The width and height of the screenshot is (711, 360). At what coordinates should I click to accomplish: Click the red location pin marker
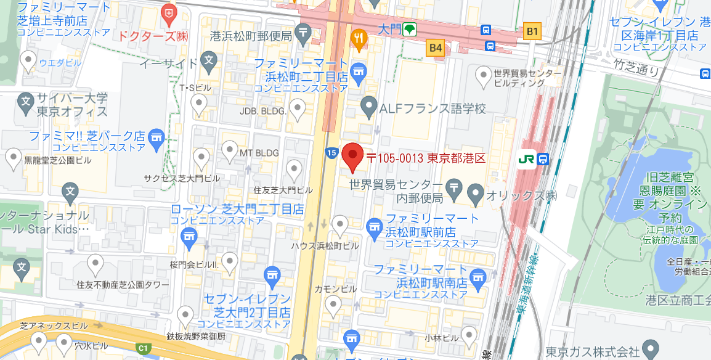click(x=352, y=157)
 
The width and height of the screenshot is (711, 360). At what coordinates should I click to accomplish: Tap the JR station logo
click(x=527, y=159)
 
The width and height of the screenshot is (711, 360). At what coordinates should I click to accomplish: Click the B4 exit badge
click(x=436, y=47)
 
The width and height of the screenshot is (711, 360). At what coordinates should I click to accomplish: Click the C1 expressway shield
click(x=144, y=349)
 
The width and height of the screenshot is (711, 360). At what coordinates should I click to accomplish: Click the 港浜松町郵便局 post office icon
click(x=303, y=31)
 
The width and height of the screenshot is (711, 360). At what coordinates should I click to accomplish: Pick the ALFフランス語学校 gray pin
click(x=368, y=108)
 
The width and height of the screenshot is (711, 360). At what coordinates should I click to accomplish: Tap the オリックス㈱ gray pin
click(x=476, y=195)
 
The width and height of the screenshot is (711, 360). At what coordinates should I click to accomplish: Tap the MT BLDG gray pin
click(x=229, y=149)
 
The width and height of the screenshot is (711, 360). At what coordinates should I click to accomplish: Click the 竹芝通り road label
click(x=636, y=65)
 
